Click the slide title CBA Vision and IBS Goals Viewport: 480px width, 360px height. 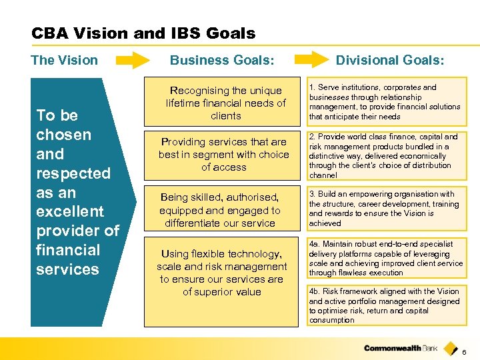(143, 33)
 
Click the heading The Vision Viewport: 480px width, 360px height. (64, 60)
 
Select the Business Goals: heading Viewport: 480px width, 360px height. (222, 60)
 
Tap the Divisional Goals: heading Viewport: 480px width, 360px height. (390, 60)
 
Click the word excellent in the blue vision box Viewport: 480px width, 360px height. (70, 211)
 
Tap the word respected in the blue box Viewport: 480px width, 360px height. (73, 173)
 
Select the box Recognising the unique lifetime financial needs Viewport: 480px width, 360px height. (225, 103)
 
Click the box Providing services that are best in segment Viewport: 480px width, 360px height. (224, 154)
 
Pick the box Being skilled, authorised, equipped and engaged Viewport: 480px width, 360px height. (220, 210)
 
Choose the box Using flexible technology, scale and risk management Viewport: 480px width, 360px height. (221, 273)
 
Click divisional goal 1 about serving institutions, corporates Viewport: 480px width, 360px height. (385, 102)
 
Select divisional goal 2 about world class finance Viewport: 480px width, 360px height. (385, 155)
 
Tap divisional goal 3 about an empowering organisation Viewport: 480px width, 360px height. (385, 209)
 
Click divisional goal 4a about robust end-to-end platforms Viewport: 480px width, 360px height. (385, 258)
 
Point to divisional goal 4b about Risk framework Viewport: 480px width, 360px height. (385, 305)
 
